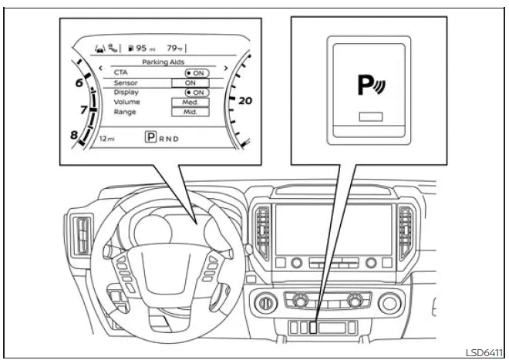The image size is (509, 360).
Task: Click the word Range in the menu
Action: pos(125,112)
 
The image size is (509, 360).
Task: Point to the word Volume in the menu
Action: pos(127,102)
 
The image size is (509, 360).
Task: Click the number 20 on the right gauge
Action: pos(246,100)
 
